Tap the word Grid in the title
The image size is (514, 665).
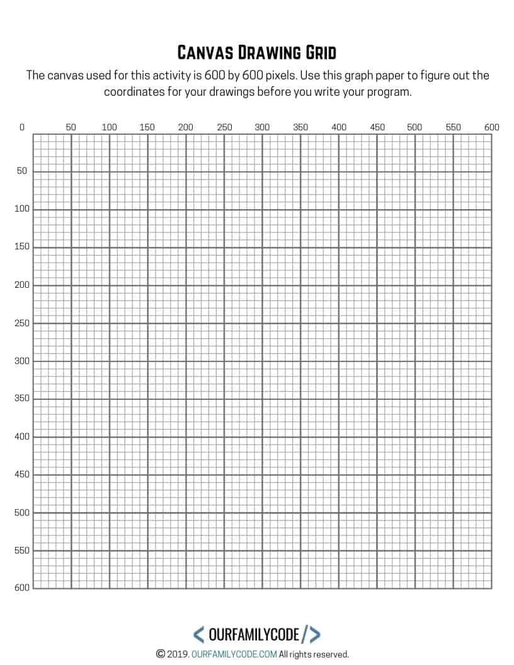pos(320,52)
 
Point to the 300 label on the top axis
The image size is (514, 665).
pos(262,127)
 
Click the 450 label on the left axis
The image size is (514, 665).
pos(22,475)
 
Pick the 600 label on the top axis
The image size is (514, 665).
pos(491,127)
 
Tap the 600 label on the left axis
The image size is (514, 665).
pos(22,588)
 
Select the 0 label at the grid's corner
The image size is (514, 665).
pos(22,127)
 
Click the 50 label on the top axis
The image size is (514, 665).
pos(71,127)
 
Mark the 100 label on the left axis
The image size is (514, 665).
pos(22,209)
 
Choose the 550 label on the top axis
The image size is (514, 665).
pos(453,127)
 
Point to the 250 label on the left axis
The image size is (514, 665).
pos(22,323)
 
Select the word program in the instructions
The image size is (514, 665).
pos(389,92)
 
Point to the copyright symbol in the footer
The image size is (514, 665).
pos(161,654)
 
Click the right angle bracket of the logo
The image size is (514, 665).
pos(315,634)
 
